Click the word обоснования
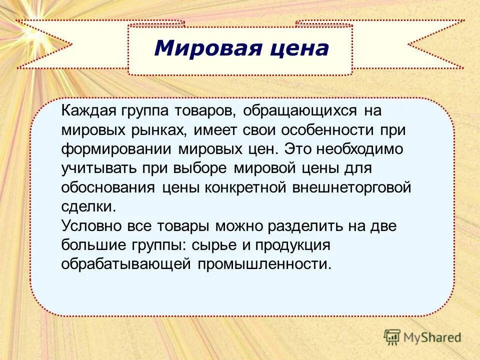tap(109, 187)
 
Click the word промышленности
tap(265, 264)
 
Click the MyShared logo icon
tap(392, 337)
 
